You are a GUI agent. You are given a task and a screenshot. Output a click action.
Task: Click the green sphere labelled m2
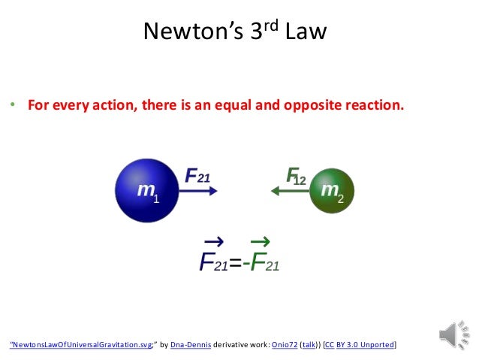tap(330, 190)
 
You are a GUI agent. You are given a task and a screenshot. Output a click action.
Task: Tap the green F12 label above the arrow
tap(296, 176)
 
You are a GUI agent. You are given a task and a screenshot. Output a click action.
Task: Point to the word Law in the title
tap(307, 32)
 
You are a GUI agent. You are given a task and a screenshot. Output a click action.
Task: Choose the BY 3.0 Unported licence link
tap(366, 345)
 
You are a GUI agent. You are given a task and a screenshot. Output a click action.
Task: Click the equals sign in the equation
tap(234, 262)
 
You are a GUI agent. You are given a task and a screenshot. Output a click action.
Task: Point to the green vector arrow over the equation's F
tap(260, 241)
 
